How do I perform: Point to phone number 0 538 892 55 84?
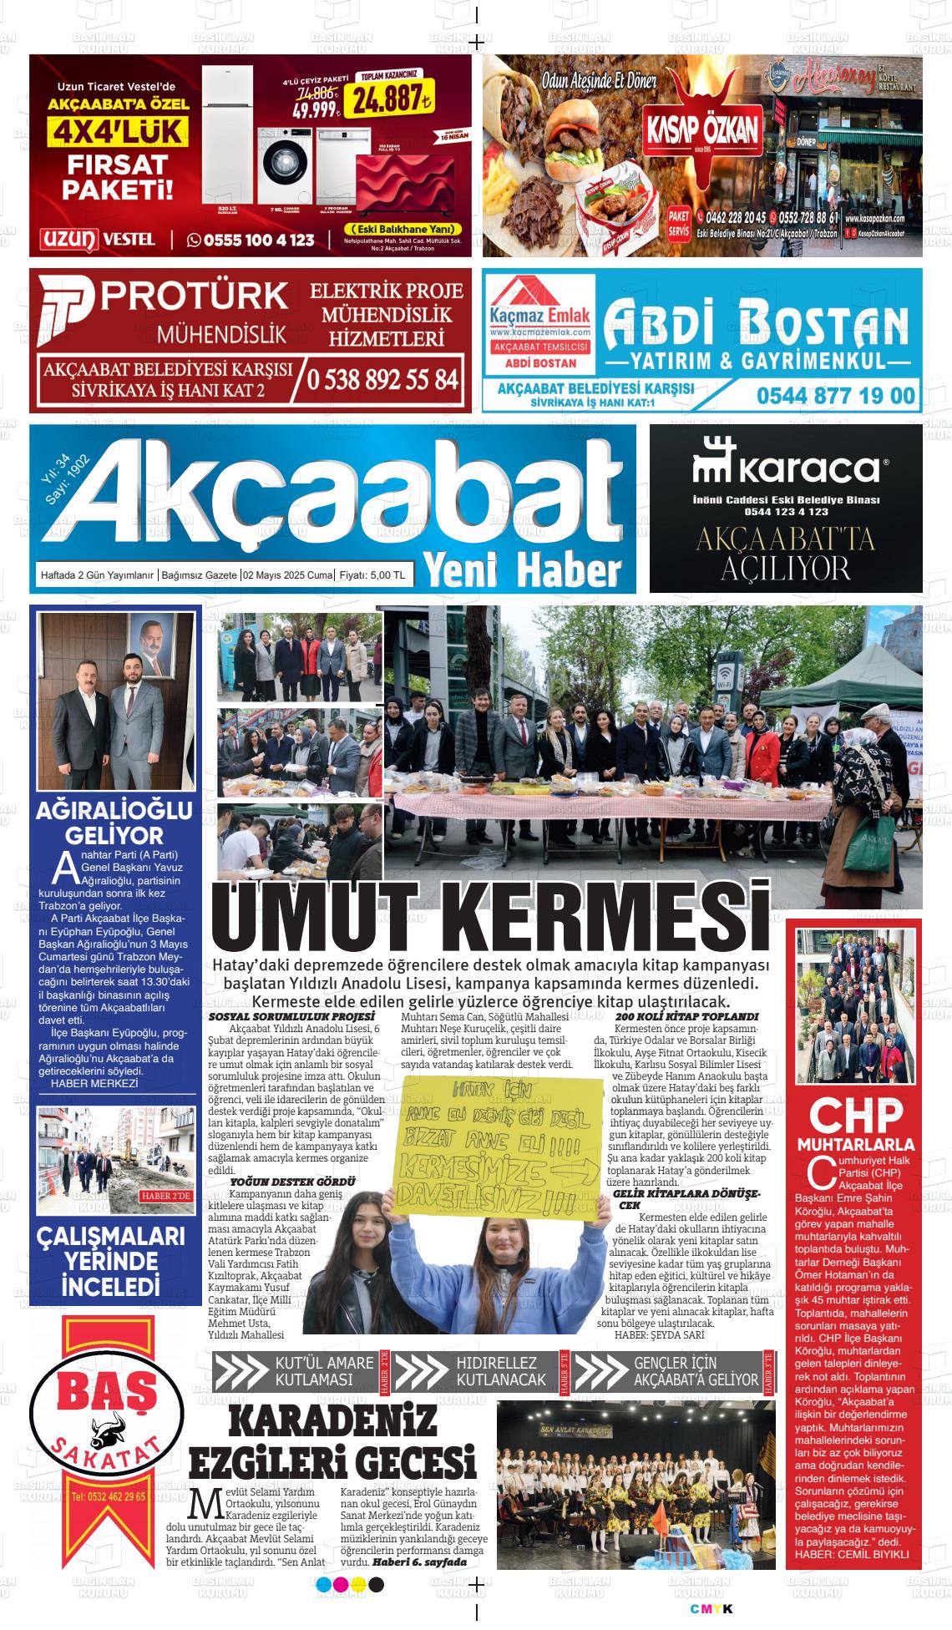[382, 380]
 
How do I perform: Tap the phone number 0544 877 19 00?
[835, 395]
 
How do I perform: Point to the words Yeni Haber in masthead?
[524, 570]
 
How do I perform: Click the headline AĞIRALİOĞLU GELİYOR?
[114, 823]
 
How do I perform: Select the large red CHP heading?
[856, 1115]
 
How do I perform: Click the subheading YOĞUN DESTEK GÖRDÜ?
[291, 1182]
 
